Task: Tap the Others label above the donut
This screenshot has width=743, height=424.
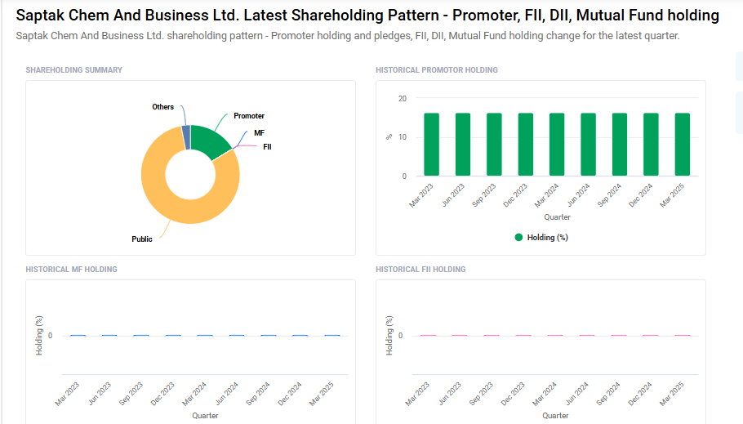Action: (162, 107)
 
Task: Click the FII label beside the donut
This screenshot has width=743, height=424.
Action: (267, 147)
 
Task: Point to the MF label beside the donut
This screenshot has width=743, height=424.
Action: (259, 132)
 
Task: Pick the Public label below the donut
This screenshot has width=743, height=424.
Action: (142, 239)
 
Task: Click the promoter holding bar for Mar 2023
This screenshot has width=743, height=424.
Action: (431, 145)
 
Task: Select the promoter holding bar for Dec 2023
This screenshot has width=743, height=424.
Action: (526, 145)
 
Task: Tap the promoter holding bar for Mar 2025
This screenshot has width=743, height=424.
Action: (683, 145)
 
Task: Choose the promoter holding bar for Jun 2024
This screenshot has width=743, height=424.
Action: (589, 145)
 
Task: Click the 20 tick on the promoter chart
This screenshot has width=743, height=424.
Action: (402, 98)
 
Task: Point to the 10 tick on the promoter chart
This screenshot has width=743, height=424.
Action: (402, 137)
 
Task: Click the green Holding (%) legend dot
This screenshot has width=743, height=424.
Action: (518, 238)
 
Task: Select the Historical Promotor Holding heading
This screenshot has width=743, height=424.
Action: (436, 70)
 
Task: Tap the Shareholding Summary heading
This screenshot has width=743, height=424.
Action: (73, 70)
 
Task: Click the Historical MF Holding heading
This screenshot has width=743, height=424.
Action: (71, 270)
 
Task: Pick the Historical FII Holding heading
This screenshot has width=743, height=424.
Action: (420, 270)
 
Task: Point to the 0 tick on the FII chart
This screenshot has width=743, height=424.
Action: (400, 336)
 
